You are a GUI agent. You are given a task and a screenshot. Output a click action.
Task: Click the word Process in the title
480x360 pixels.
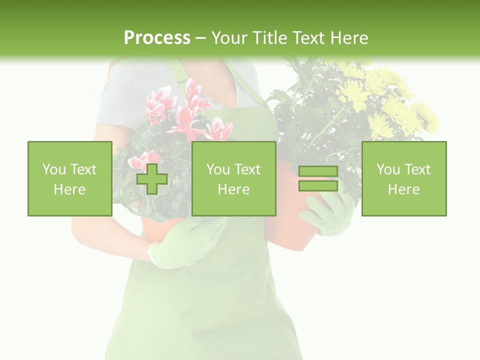(x=157, y=38)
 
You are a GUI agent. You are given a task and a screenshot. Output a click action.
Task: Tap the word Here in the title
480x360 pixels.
(x=349, y=38)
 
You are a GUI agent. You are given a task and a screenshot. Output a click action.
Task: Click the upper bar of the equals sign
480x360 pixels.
(x=318, y=171)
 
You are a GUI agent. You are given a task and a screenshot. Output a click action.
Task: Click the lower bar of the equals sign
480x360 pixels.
(x=318, y=186)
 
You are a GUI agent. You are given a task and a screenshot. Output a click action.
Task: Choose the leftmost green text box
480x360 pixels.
(x=69, y=179)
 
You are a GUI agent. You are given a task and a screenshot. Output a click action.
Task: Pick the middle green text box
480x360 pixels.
(x=233, y=179)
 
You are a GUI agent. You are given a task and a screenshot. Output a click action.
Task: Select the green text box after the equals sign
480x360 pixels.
(x=403, y=179)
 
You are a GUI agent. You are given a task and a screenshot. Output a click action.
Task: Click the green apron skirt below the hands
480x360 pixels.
(x=210, y=310)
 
